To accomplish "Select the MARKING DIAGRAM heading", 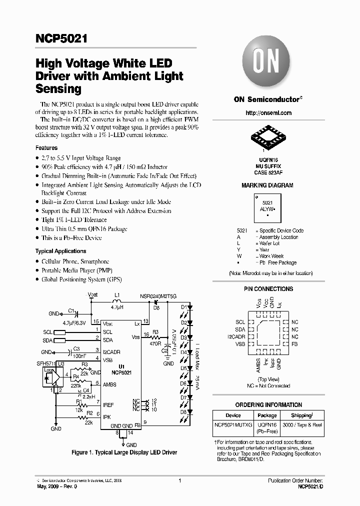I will (267, 185).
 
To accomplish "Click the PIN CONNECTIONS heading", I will (268, 289).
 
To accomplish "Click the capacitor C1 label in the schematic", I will (71, 310).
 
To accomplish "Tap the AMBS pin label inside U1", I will (109, 384).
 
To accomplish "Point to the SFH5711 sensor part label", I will (43, 363).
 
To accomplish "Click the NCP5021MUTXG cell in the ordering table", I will (233, 424).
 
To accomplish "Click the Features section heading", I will (46, 148).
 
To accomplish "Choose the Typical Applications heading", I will (60, 251).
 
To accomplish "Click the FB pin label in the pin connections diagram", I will (294, 345).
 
